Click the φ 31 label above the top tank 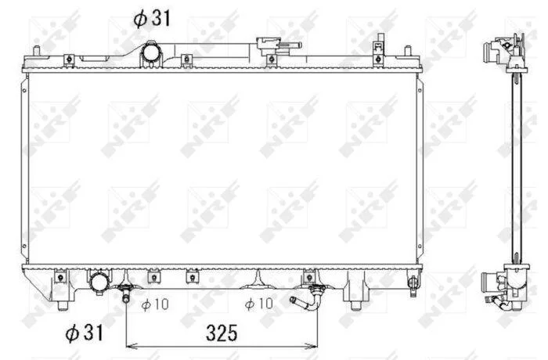coord(152,18)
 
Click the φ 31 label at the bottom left coord(85,333)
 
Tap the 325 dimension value coord(222,333)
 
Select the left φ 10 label coord(155,304)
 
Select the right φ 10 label coord(259,304)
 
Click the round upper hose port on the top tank coord(151,53)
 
